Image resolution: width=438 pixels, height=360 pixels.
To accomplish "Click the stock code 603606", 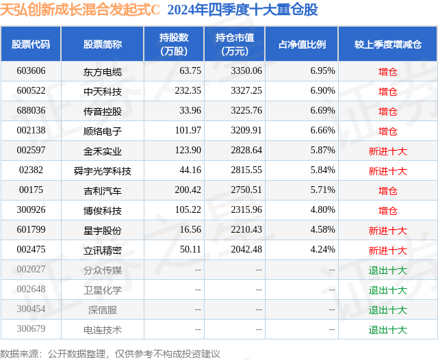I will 31,70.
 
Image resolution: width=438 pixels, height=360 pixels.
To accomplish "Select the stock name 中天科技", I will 103,90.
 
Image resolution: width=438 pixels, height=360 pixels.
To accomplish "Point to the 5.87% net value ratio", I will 322,151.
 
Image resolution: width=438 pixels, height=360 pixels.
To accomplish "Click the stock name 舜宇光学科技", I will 103,170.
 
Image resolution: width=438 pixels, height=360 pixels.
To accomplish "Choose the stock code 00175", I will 31,190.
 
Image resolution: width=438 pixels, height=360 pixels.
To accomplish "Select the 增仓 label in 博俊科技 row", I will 387,211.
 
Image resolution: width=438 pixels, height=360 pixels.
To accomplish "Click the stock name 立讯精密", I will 103,250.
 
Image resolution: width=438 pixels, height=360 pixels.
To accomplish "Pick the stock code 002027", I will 31,270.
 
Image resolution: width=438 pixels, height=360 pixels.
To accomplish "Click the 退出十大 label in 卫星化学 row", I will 387,290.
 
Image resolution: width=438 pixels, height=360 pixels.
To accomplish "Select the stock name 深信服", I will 103,310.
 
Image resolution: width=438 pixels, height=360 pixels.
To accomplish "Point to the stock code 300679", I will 31,330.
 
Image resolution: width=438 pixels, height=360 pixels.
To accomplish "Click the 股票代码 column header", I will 31,44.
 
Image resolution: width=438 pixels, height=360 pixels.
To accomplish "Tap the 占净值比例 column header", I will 302,44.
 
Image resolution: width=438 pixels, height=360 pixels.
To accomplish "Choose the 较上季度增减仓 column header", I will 387,44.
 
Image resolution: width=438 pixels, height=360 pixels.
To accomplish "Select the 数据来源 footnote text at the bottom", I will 110,353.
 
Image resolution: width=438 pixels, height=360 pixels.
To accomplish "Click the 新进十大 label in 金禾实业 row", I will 387,151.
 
